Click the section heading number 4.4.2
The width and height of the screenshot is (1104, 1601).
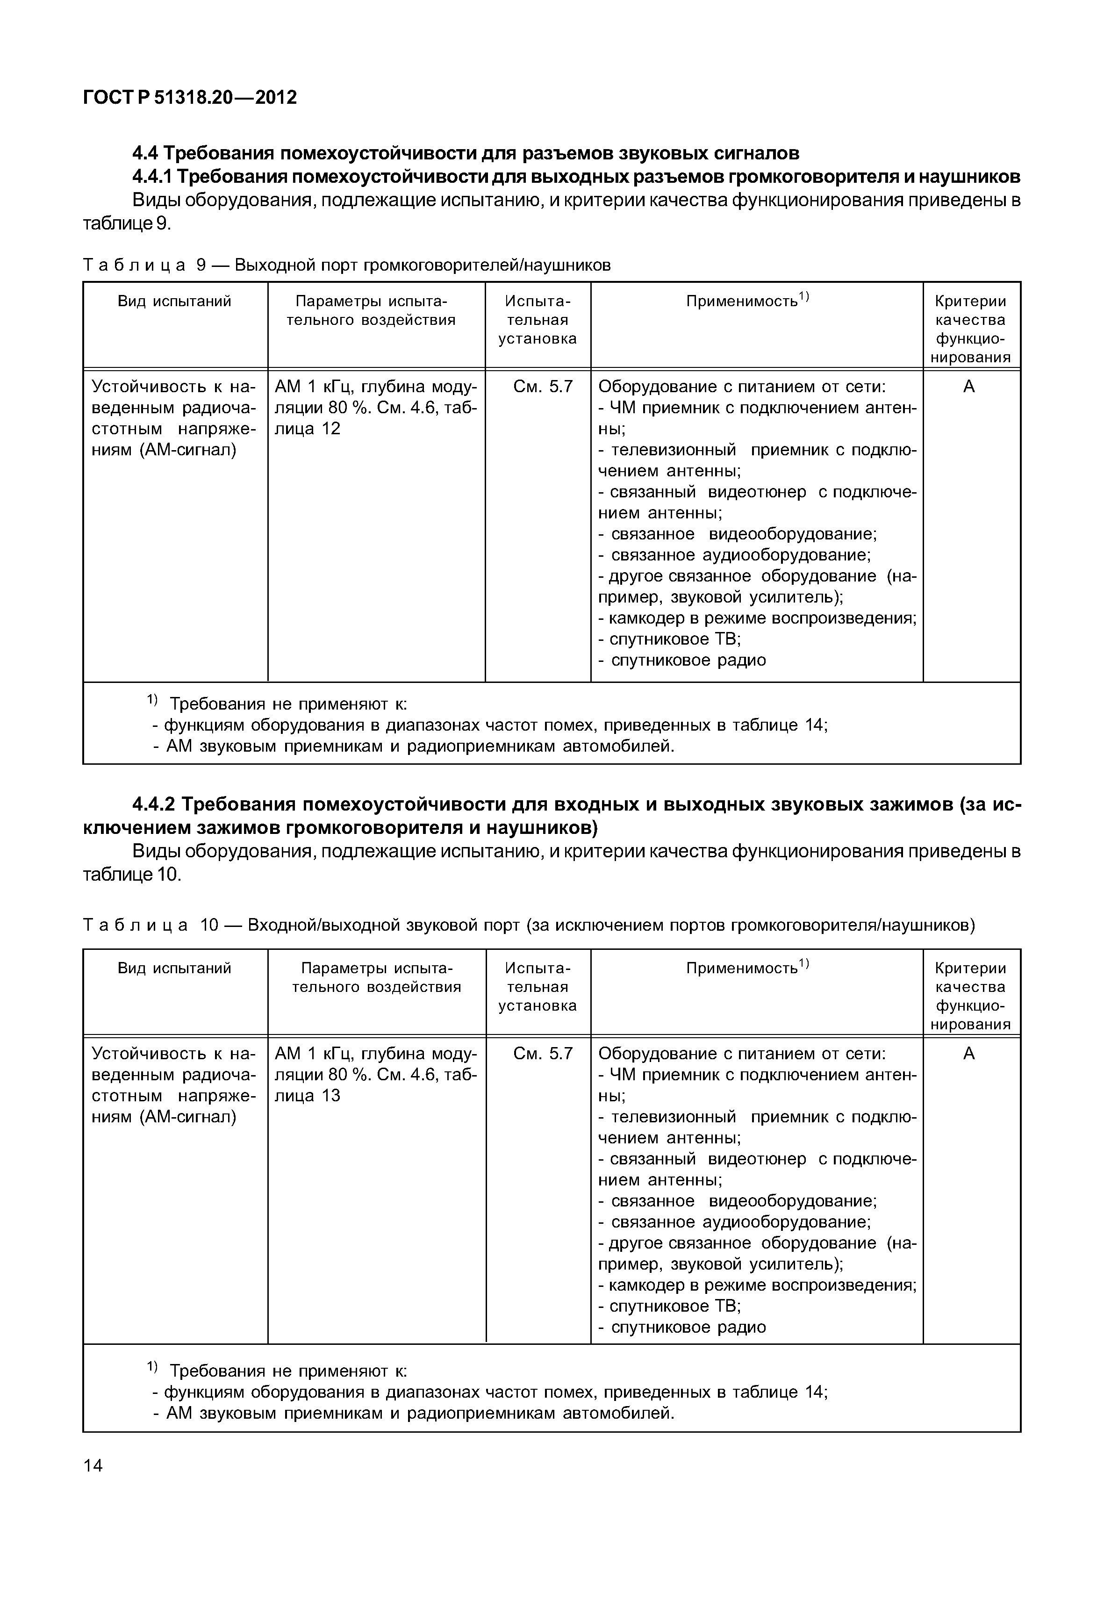(155, 804)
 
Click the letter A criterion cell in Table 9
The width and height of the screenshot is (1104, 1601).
(968, 387)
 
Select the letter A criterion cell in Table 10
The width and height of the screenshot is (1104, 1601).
(968, 1054)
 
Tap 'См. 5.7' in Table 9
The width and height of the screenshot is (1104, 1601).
(543, 387)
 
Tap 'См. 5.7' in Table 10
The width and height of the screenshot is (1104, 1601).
(543, 1054)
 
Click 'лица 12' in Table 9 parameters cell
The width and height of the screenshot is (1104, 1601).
(308, 429)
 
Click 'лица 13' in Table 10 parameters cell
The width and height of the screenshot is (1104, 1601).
(308, 1096)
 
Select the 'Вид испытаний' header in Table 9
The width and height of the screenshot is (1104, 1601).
(174, 301)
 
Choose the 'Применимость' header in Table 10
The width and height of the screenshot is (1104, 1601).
(747, 968)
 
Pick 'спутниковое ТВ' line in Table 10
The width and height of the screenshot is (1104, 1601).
(674, 1306)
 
